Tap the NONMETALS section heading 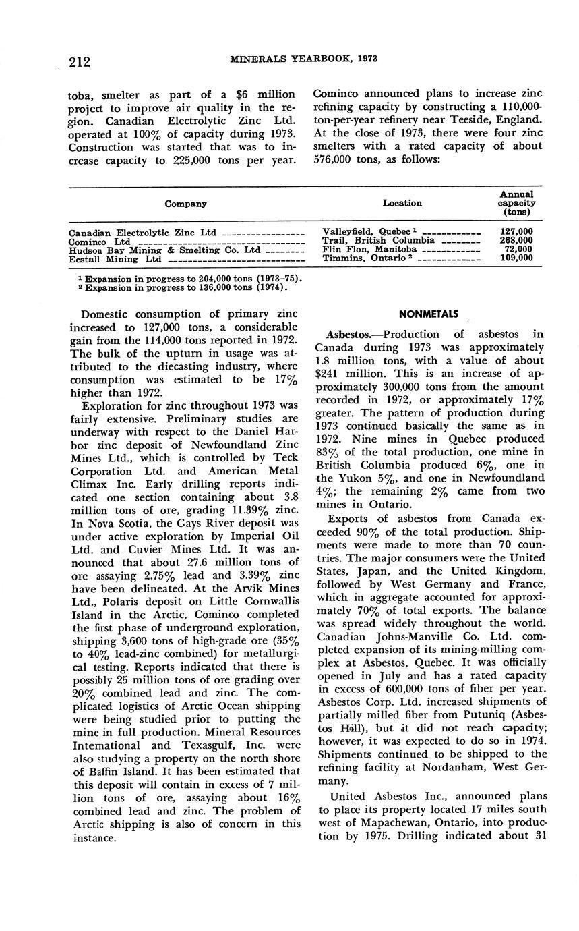[x=428, y=314]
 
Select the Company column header [x=185, y=204]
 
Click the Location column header [x=402, y=203]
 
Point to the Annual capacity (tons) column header [x=516, y=202]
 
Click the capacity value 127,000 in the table [x=516, y=232]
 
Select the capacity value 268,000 [x=516, y=241]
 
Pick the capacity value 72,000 [x=518, y=250]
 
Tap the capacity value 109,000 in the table [x=516, y=258]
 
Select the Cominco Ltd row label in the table [x=100, y=242]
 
